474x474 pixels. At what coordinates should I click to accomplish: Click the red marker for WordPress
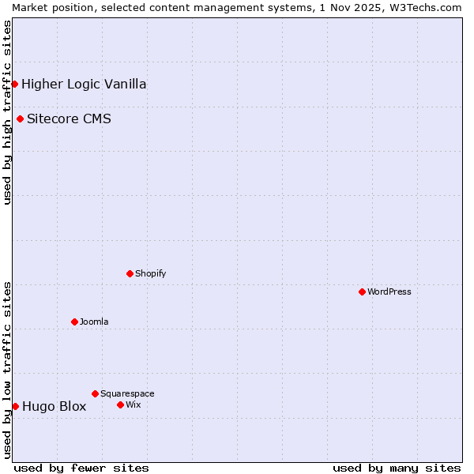(x=362, y=292)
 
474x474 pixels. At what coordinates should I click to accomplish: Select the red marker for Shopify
(x=130, y=273)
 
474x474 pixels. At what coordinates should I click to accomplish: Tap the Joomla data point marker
(x=74, y=322)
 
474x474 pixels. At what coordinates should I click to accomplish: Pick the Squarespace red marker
(x=95, y=393)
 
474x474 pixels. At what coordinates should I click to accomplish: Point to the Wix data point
(x=120, y=404)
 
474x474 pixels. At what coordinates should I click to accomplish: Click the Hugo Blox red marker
(x=15, y=406)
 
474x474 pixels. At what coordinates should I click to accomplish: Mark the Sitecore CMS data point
(x=20, y=119)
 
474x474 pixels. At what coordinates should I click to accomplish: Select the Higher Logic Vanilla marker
(x=14, y=84)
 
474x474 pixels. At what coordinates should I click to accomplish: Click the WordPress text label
(x=389, y=292)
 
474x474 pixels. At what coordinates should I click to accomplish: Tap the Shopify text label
(x=151, y=273)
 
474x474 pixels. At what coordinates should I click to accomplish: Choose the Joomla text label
(x=94, y=322)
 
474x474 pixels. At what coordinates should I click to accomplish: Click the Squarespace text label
(x=127, y=393)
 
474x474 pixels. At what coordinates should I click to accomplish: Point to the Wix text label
(x=134, y=404)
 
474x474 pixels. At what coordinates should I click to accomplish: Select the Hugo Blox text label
(x=54, y=407)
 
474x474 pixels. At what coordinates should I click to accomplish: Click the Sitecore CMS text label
(x=69, y=119)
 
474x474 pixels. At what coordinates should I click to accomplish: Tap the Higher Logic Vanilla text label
(x=84, y=84)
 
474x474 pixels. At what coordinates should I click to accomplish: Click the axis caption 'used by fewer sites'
(x=81, y=468)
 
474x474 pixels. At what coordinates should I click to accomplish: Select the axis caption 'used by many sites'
(x=397, y=468)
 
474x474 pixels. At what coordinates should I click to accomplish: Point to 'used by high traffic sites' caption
(x=7, y=112)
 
